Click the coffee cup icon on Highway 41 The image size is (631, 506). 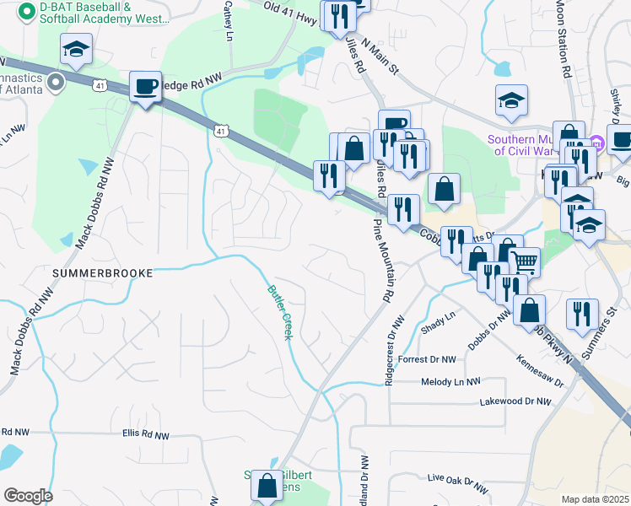145,86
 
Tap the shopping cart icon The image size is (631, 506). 524,261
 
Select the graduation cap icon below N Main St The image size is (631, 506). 511,100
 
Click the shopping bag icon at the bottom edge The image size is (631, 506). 267,486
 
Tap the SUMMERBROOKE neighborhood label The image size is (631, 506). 102,273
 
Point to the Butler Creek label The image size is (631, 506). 280,312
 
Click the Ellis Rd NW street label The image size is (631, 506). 145,435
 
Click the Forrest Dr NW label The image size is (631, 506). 427,359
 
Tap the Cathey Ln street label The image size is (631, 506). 228,20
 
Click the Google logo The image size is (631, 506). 28,495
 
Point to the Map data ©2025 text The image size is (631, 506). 595,499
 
